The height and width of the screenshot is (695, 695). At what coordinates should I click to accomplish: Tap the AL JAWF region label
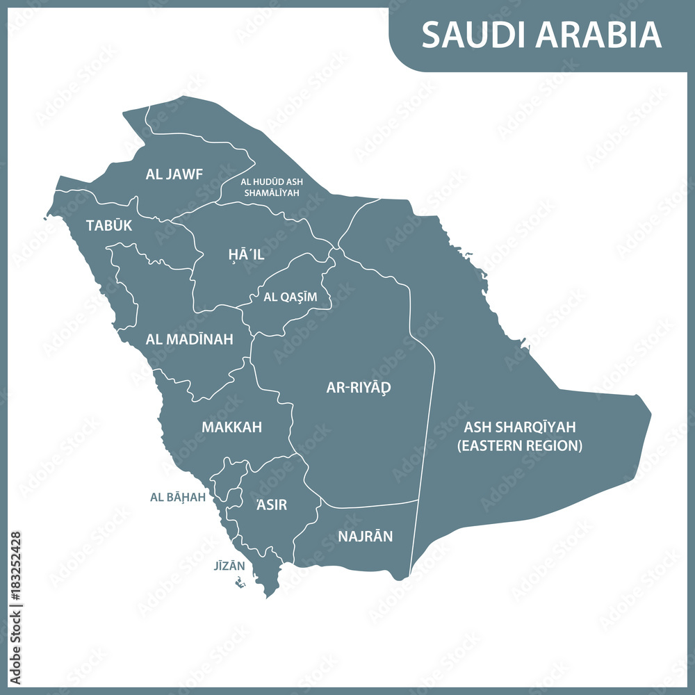(174, 174)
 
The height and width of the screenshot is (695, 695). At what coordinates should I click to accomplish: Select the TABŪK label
(108, 226)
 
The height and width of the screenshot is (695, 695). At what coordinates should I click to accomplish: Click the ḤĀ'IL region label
(246, 255)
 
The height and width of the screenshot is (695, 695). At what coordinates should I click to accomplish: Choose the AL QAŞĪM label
(290, 297)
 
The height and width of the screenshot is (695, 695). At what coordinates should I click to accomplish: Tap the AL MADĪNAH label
(189, 339)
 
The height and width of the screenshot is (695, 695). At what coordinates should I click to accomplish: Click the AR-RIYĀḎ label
(359, 388)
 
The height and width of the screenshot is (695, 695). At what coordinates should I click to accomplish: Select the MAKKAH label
(231, 427)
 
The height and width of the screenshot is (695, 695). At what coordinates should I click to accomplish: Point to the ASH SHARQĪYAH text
(520, 427)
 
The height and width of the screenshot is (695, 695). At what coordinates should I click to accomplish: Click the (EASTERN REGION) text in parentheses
(520, 445)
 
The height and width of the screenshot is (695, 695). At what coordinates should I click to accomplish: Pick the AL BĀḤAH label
(178, 498)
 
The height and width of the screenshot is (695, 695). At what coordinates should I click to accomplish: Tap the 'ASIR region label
(271, 505)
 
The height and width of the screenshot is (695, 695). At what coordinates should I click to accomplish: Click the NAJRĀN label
(365, 537)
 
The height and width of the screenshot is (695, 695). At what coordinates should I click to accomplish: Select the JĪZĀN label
(229, 566)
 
